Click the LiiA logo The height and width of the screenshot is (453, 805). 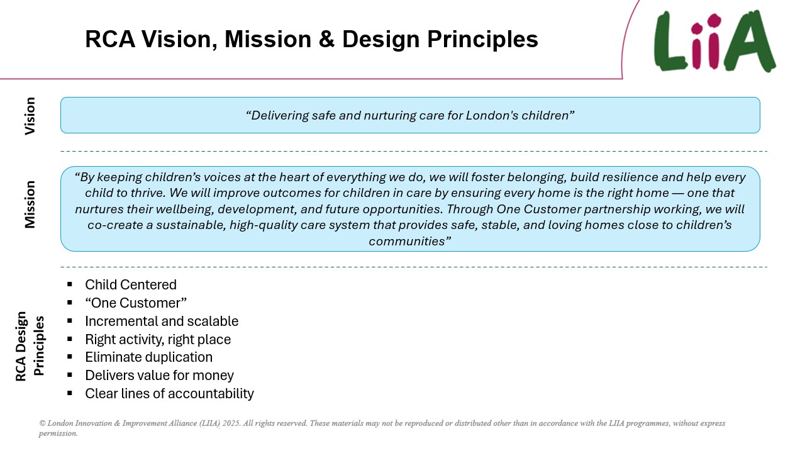(x=714, y=41)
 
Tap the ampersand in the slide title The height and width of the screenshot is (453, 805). (x=326, y=39)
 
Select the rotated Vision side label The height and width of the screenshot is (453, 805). (x=30, y=116)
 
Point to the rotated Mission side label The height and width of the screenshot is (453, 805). (x=30, y=204)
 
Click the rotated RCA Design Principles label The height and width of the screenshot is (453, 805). (x=30, y=346)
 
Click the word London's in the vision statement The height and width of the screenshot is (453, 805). (x=492, y=115)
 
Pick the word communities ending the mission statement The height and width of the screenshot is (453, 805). (x=407, y=241)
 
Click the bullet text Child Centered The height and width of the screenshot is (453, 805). (x=131, y=285)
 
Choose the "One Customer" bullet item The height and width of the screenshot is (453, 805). (x=136, y=303)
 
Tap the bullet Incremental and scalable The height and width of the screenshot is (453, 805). (x=162, y=321)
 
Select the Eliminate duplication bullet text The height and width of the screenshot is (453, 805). (x=149, y=357)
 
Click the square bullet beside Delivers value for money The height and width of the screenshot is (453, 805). (x=70, y=375)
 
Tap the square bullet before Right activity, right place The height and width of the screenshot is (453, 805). (x=70, y=338)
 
